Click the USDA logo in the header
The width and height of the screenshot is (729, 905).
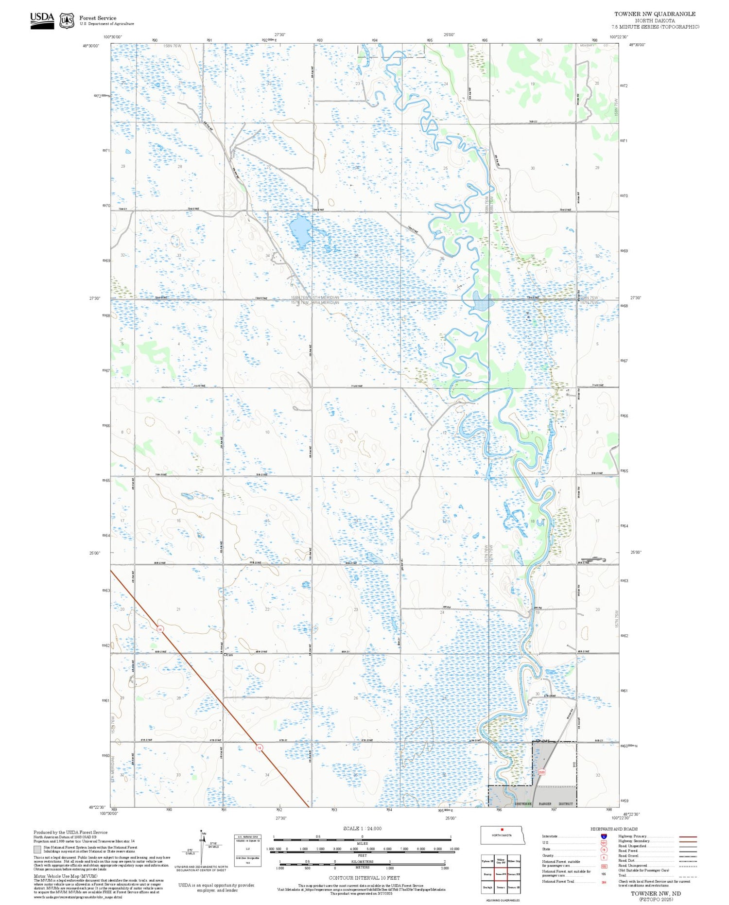42,20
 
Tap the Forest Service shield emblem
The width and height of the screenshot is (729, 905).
67,21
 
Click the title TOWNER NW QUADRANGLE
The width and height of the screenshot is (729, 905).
654,14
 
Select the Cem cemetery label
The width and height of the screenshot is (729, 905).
229,655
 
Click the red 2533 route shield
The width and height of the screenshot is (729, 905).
541,772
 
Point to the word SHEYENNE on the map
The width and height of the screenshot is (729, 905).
525,804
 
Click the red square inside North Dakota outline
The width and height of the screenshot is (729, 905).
502,830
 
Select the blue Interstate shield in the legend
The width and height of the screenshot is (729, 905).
604,836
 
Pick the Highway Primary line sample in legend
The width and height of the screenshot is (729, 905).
686,836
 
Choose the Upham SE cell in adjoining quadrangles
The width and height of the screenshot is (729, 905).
487,861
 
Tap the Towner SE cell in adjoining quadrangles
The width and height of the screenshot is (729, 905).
514,887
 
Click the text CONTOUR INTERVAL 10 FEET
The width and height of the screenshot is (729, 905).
364,878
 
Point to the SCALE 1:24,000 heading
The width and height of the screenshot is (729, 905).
362,828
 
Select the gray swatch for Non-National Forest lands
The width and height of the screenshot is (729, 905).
37,850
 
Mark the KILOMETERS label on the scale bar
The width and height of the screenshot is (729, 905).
362,861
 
